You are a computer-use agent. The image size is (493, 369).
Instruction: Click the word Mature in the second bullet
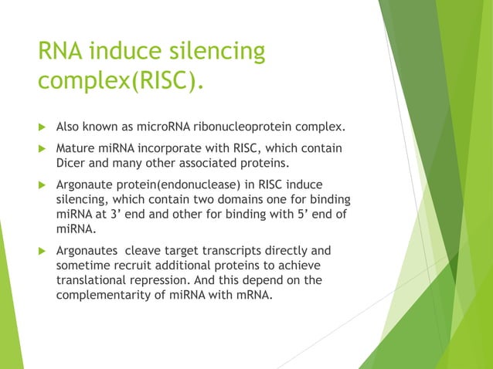point(76,147)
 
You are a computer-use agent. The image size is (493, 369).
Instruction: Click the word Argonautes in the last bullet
point(87,251)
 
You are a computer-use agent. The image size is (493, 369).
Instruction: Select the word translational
point(93,282)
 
